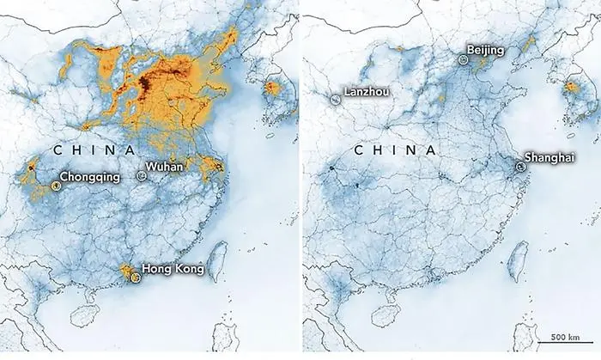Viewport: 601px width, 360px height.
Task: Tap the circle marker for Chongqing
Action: coord(54,182)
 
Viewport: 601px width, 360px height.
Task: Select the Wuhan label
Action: coord(165,166)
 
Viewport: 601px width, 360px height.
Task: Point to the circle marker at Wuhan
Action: coord(142,174)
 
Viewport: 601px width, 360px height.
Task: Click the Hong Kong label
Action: coord(173,270)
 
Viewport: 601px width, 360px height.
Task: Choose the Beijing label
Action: coord(486,51)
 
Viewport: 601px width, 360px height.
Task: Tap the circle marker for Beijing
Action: coord(464,60)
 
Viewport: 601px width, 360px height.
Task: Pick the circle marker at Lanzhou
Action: coord(334,100)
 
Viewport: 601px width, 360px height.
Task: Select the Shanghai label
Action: coord(548,157)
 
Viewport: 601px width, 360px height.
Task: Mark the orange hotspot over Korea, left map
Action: coord(274,88)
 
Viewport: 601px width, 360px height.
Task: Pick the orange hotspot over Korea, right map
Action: coord(573,88)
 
